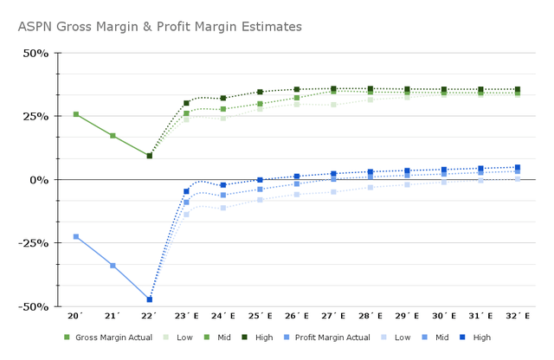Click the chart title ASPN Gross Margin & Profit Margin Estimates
pos(159,27)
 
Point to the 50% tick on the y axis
pos(35,54)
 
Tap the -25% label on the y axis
pos(34,243)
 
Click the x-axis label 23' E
pos(186,318)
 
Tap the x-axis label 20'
pos(75,318)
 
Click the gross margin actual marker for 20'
pos(76,114)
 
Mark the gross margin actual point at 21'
pos(113,136)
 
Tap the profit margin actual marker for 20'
pos(76,236)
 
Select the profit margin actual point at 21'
pos(113,266)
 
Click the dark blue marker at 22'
pos(150,299)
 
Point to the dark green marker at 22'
pos(150,156)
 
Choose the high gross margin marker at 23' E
pos(186,103)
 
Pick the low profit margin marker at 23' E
pos(186,215)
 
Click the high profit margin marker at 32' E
pos(518,168)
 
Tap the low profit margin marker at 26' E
pos(297,195)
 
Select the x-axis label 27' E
pos(333,318)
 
